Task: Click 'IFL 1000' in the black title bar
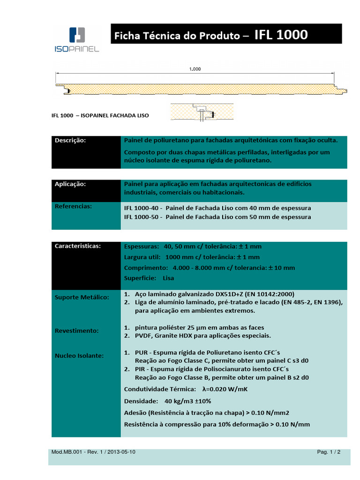tap(281, 35)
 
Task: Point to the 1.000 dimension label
tap(195, 69)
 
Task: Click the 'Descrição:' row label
tap(71, 140)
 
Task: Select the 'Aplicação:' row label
tap(71, 184)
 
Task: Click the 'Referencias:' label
tap(73, 206)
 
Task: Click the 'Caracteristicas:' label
tap(78, 246)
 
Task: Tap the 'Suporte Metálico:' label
tap(82, 297)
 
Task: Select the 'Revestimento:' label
tap(77, 330)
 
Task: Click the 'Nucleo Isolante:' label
tap(79, 356)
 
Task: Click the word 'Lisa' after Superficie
tap(168, 278)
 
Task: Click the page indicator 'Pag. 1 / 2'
tap(329, 452)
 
